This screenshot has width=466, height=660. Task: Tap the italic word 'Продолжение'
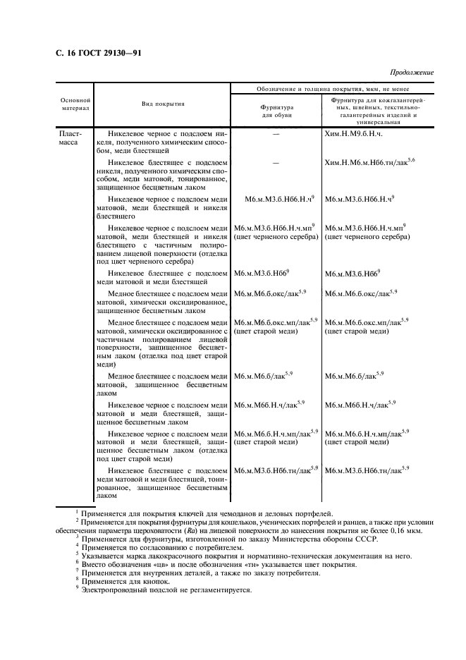point(411,73)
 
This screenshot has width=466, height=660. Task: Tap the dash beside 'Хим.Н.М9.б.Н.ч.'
point(276,133)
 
